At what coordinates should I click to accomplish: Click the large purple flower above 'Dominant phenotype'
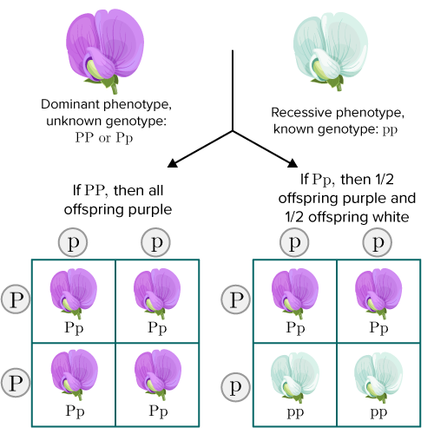pos(105,49)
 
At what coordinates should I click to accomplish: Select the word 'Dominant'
pos(70,104)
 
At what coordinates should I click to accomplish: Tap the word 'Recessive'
pos(299,113)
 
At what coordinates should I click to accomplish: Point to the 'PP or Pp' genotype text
pos(104,138)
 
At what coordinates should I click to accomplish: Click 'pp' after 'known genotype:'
pos(390,130)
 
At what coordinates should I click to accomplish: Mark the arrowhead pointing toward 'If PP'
pos(173,163)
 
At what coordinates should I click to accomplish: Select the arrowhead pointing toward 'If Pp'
pos(293,163)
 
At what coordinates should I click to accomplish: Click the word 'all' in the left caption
pos(155,191)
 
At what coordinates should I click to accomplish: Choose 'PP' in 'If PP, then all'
pos(95,191)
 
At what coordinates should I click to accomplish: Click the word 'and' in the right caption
pos(404,198)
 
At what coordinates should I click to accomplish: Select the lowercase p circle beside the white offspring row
pos(235,387)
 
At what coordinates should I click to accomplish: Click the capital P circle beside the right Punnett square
pos(235,299)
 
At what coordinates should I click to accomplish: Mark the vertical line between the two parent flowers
pos(233,91)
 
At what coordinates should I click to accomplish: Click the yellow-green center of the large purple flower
pos(93,69)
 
